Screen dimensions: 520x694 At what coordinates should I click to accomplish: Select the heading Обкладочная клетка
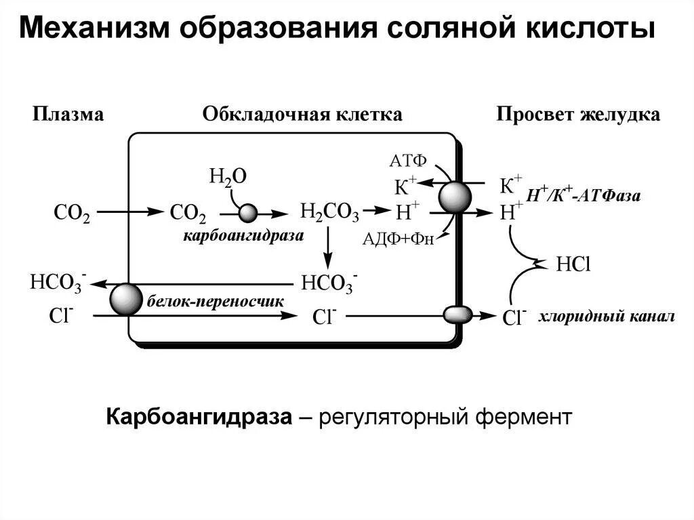(302, 114)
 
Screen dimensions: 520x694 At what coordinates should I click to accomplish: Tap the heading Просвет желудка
(578, 114)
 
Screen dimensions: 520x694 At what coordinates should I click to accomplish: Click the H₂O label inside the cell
(228, 177)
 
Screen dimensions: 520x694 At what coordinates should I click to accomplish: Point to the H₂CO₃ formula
(329, 213)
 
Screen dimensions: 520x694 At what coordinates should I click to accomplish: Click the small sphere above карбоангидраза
(248, 214)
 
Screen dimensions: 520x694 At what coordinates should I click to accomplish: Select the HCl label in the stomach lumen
(573, 264)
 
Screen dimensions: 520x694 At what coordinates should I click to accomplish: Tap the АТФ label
(408, 161)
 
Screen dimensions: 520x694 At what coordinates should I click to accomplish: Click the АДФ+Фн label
(398, 238)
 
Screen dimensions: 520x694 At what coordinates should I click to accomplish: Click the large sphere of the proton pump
(455, 197)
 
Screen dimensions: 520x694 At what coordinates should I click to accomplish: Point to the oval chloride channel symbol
(457, 315)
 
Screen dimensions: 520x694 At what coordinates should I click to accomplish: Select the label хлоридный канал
(607, 317)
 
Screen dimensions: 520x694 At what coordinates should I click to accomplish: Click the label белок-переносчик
(215, 300)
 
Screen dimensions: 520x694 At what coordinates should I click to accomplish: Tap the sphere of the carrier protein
(127, 300)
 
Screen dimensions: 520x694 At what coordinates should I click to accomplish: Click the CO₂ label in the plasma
(71, 214)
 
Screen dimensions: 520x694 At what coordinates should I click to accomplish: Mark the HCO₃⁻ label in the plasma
(57, 282)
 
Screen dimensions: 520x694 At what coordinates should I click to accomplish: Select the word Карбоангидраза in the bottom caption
(199, 416)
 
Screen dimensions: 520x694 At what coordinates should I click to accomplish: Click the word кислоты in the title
(593, 30)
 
